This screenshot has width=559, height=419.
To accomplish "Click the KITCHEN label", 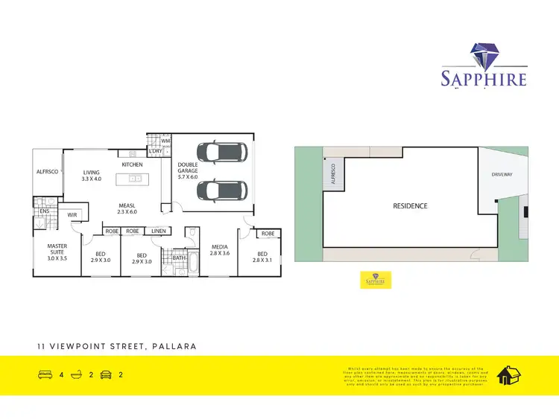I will click(132, 164).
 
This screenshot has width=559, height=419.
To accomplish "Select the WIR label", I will click(72, 215).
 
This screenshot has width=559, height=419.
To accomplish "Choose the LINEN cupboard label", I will click(159, 231).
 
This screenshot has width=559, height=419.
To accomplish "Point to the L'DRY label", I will click(155, 152).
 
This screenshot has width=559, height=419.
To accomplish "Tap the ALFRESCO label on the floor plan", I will click(47, 171).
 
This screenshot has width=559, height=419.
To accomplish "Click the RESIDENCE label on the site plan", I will click(410, 205).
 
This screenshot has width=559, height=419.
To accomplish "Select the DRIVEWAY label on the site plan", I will click(502, 174).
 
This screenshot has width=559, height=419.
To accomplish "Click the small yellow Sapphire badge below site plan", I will click(376, 280).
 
